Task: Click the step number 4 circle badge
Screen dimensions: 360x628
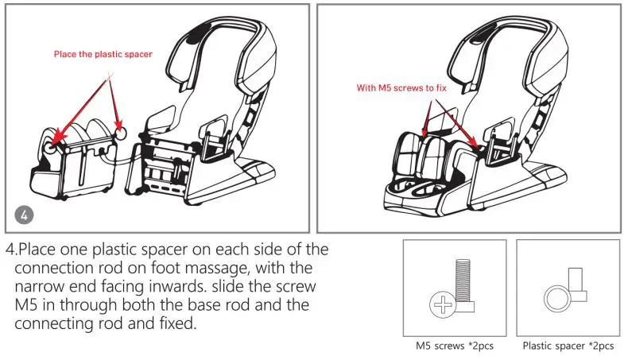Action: point(25,214)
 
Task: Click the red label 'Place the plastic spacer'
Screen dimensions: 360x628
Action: point(103,54)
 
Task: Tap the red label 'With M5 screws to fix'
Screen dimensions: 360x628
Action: point(406,89)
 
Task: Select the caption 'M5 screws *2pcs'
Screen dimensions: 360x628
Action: point(454,346)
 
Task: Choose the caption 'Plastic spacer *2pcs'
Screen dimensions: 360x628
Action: point(568,346)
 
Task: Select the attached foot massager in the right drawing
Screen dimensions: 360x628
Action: point(433,163)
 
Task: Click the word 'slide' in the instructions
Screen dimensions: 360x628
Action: point(232,287)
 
